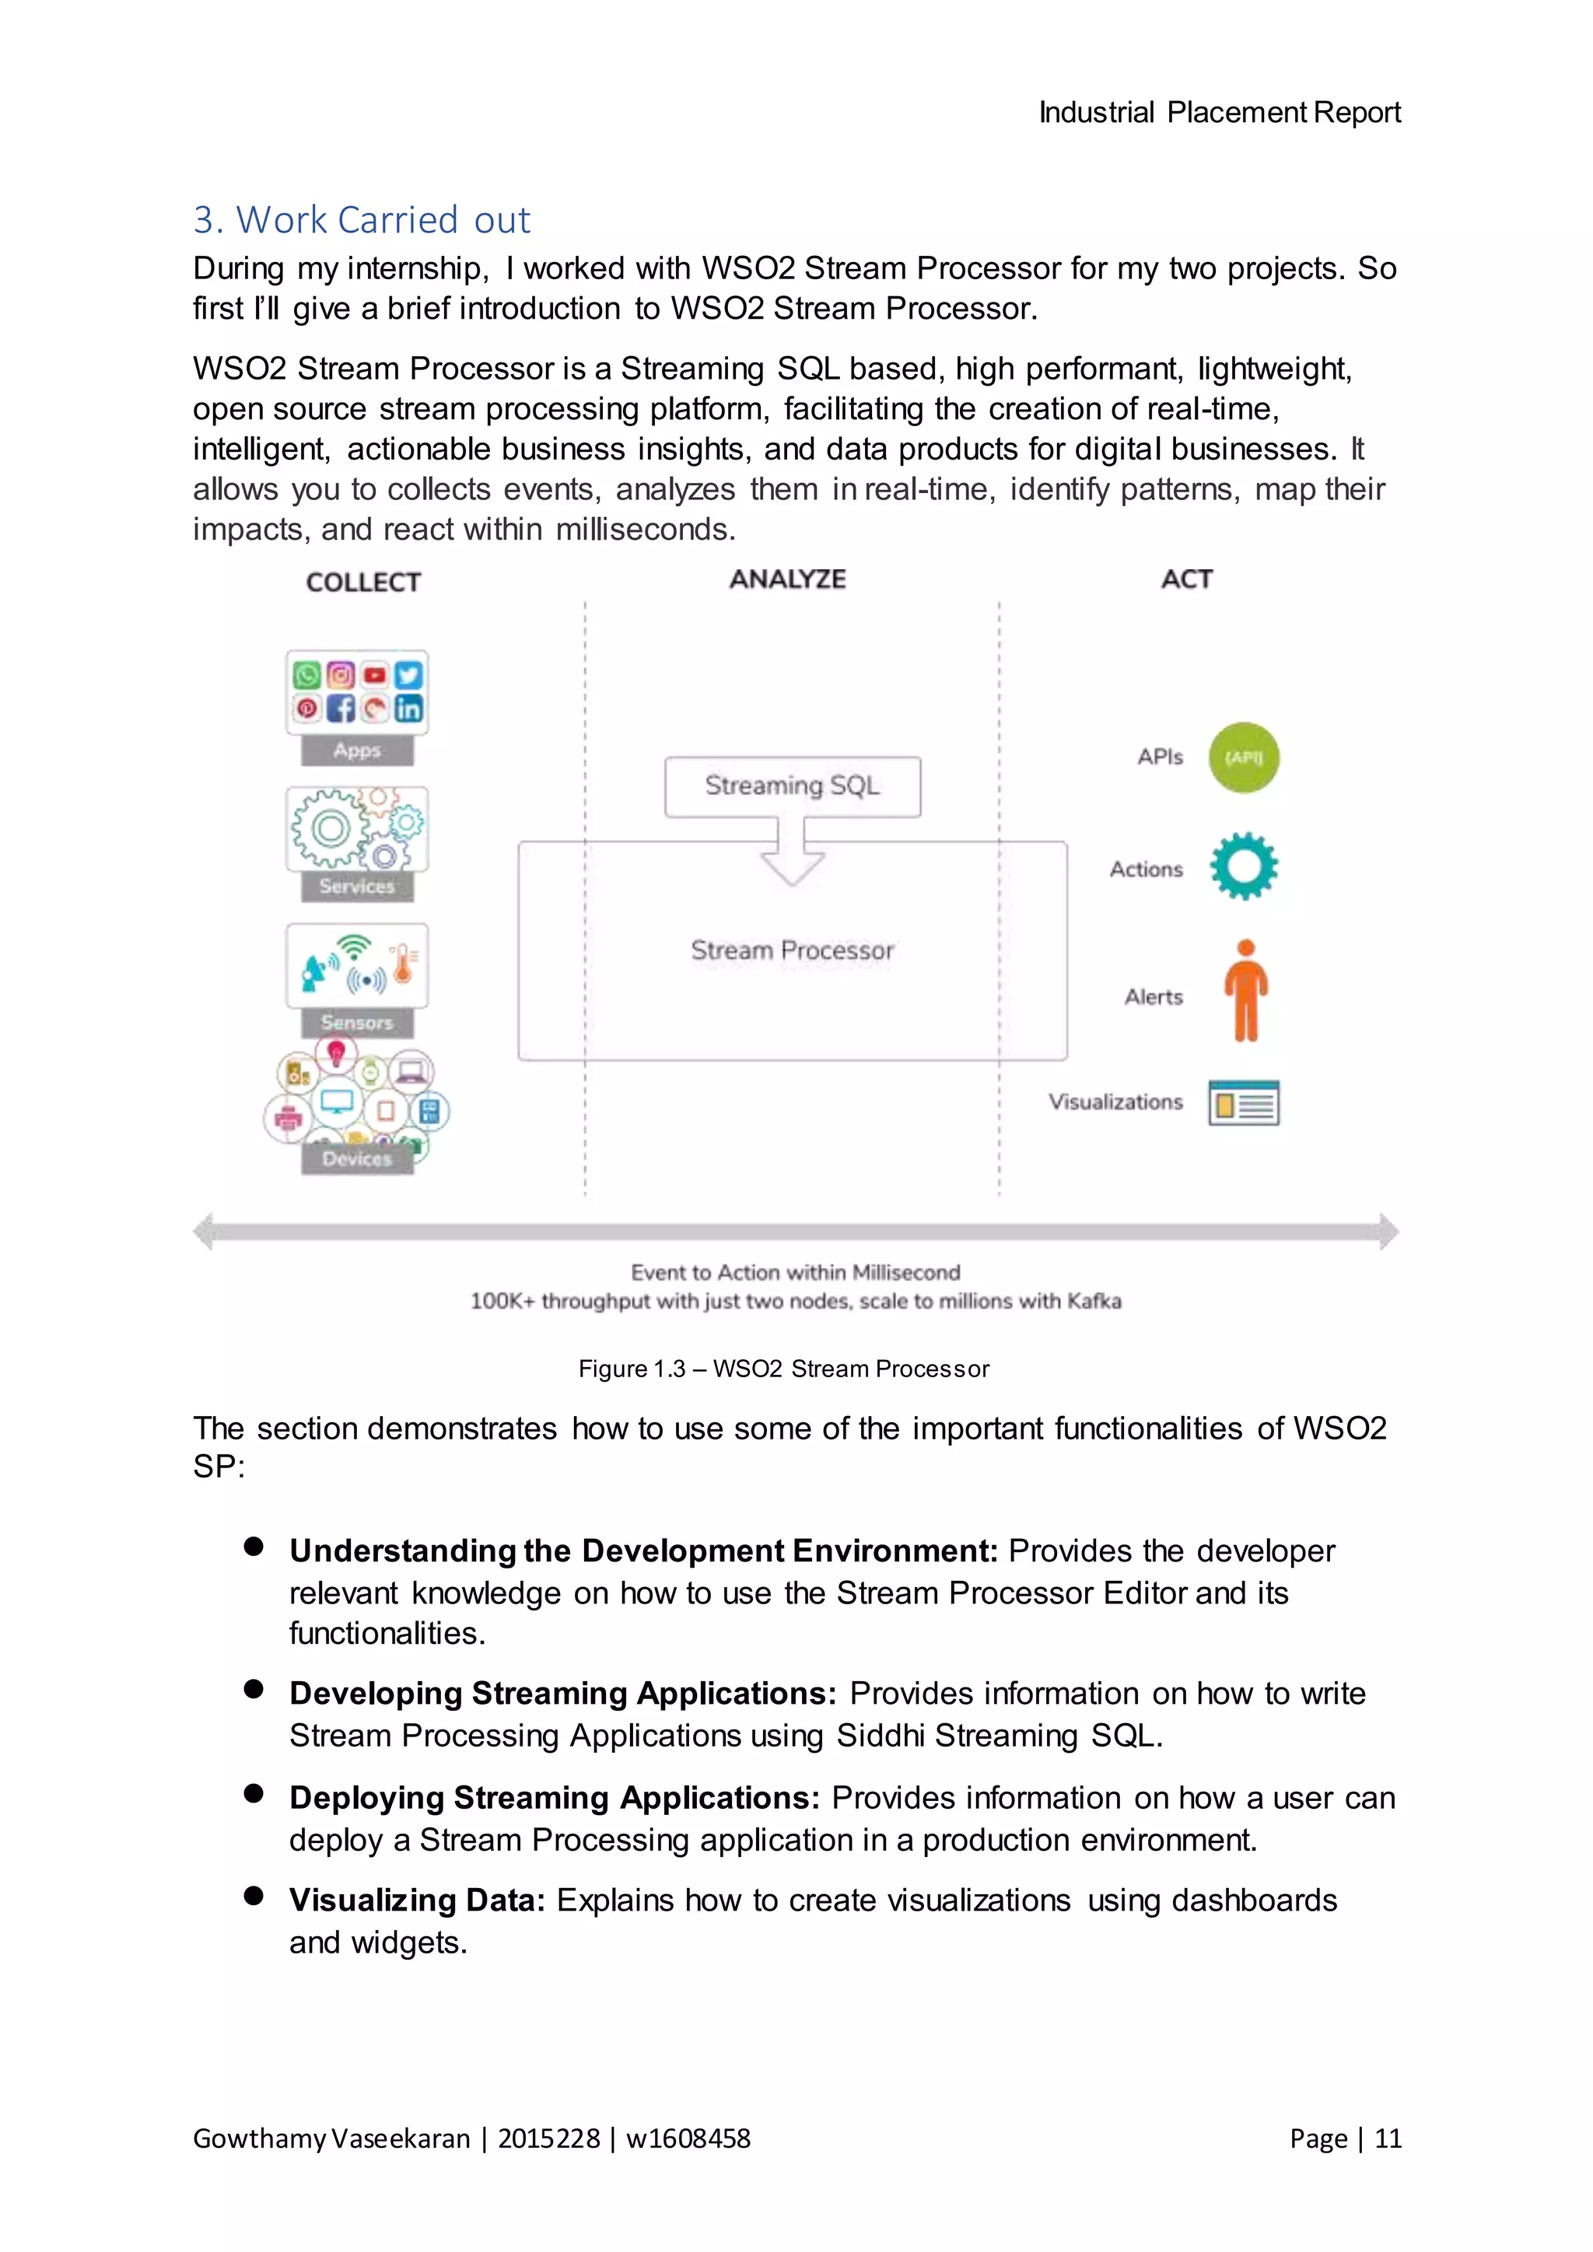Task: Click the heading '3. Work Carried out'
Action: click(x=361, y=220)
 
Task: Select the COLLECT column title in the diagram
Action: click(x=363, y=582)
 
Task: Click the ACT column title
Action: click(x=1186, y=579)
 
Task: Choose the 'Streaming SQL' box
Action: click(x=792, y=785)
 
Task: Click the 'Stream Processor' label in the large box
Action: click(x=792, y=949)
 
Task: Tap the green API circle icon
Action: click(x=1243, y=757)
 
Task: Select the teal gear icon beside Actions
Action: click(x=1243, y=866)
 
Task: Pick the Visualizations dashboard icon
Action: click(x=1243, y=1103)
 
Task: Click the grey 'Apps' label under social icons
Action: click(x=357, y=750)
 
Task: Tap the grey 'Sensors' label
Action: click(x=357, y=1022)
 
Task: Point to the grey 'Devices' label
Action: click(x=357, y=1159)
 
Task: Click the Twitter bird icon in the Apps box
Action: click(x=408, y=675)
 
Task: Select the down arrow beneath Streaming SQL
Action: click(x=792, y=863)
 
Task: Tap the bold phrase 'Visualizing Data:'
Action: click(x=417, y=1900)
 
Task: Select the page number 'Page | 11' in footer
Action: click(x=1345, y=2138)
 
